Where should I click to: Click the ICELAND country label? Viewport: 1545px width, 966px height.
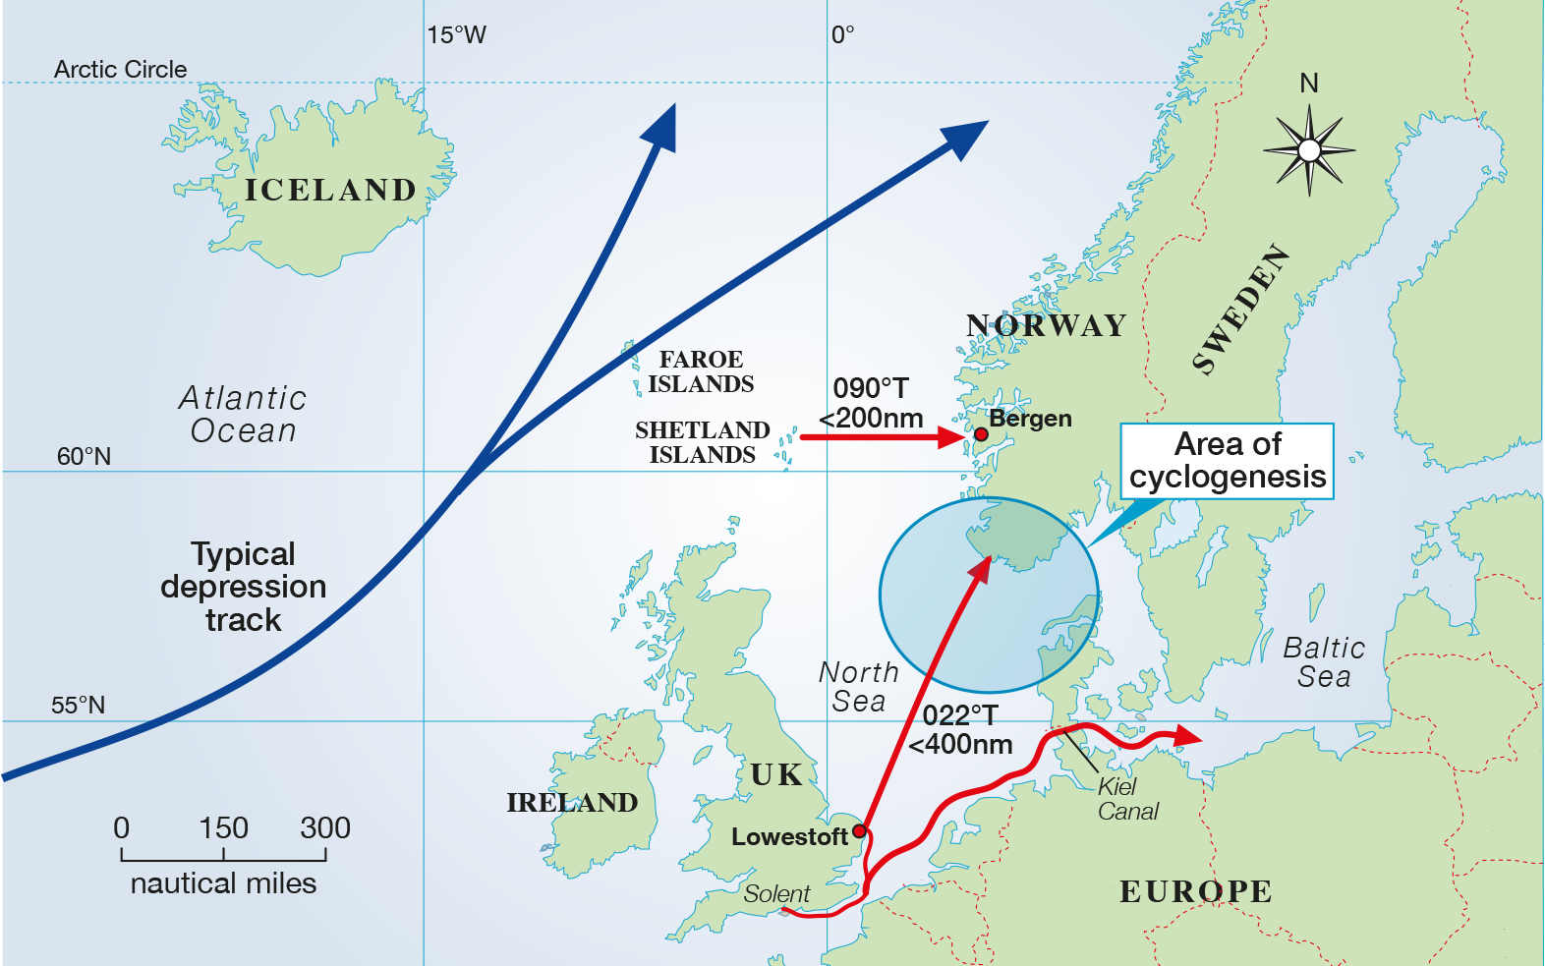pos(330,190)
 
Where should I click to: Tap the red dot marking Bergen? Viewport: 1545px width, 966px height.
pos(981,434)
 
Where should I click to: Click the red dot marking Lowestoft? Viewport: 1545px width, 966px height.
pos(859,831)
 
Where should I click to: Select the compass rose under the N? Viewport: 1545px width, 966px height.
pos(1309,150)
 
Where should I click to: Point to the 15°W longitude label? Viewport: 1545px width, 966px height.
pos(456,35)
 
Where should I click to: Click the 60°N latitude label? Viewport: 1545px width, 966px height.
pos(84,456)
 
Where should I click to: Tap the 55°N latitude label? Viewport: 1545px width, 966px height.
pos(78,706)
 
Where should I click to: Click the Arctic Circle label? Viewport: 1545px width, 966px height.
pos(120,70)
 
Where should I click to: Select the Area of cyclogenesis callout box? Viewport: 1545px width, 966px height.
pos(1228,461)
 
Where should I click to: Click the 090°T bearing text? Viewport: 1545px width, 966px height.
pos(871,388)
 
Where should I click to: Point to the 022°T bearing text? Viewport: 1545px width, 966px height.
pos(959,715)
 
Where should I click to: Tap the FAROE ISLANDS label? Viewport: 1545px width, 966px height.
pos(701,371)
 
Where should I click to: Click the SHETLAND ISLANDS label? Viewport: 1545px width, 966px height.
pos(702,442)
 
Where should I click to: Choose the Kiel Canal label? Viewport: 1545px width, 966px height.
pos(1126,799)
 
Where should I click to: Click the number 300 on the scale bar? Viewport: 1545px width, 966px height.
pos(325,827)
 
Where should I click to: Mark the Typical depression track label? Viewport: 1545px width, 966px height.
pos(243,587)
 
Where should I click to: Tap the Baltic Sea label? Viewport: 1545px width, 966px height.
pos(1324,662)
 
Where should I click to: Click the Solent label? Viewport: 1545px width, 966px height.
pos(776,894)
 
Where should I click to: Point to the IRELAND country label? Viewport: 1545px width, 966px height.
pos(572,803)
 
